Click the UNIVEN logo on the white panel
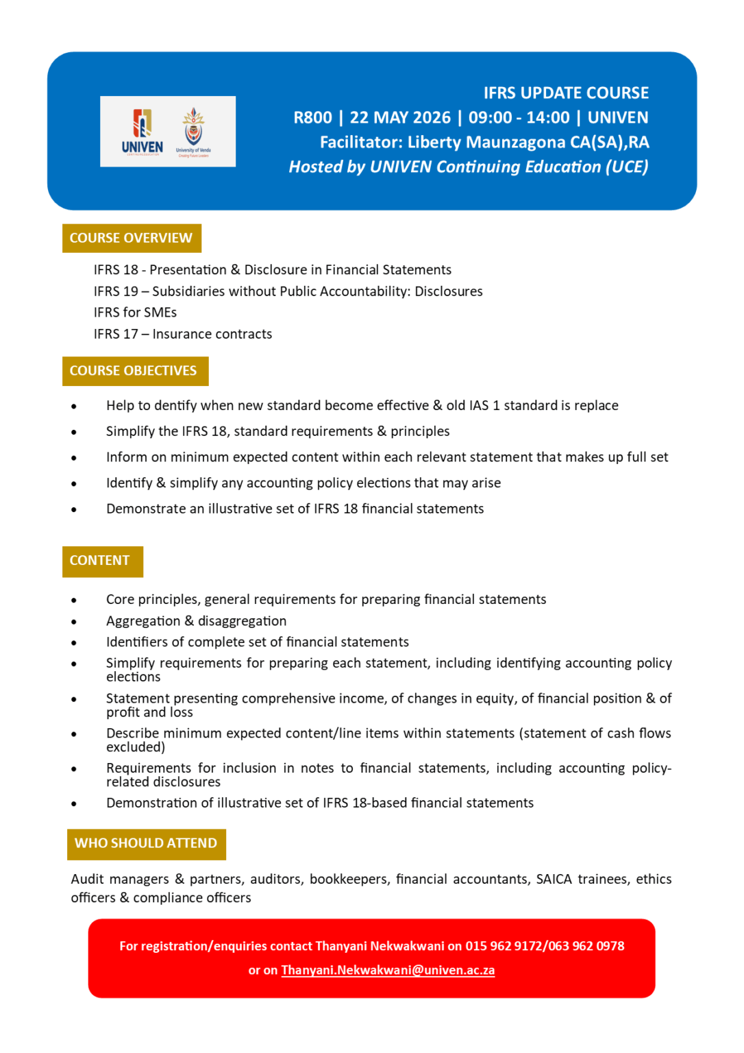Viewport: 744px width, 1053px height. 142,132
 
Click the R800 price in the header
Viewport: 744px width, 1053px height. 313,118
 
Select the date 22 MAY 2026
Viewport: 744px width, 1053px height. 400,118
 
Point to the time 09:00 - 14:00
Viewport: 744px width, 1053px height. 519,118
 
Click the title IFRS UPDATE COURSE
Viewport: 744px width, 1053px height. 566,93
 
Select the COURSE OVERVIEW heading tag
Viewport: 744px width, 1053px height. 132,238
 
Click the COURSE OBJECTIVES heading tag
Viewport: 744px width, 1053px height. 134,371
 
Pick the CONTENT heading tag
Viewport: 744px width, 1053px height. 102,561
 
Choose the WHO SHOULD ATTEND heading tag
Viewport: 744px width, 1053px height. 146,843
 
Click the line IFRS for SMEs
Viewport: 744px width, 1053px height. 135,313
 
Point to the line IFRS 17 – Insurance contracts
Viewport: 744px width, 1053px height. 183,334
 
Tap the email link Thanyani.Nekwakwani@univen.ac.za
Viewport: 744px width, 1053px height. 388,970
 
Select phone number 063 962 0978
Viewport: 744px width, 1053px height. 586,946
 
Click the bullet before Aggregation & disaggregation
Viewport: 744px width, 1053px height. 74,622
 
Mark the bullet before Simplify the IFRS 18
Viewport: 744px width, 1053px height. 74,432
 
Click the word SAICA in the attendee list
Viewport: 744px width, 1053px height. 554,879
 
